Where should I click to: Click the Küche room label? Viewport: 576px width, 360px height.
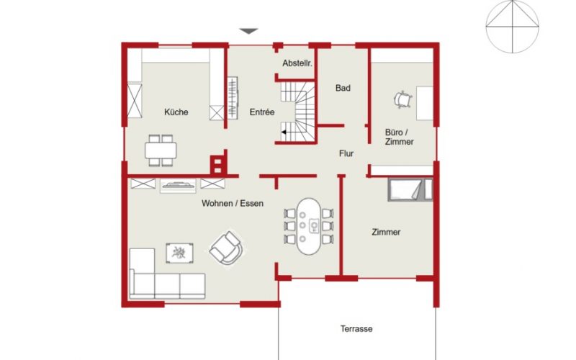(x=176, y=112)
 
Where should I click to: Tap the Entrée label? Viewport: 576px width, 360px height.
(x=262, y=112)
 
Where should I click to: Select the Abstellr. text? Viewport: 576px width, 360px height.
(x=297, y=63)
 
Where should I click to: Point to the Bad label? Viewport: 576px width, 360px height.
(x=343, y=88)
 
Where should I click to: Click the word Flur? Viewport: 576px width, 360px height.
(x=346, y=153)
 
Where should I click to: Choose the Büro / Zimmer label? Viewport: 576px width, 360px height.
(x=399, y=137)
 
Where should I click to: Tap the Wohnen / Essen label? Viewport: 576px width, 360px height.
(x=233, y=203)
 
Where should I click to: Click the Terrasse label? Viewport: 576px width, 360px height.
(x=356, y=329)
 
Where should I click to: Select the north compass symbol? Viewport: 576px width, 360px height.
(x=512, y=27)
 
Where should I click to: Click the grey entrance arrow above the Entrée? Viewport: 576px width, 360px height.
(x=248, y=31)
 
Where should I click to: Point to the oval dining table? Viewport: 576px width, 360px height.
(x=309, y=226)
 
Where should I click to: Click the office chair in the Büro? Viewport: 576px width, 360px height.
(x=402, y=99)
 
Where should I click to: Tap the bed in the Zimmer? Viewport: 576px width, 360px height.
(x=410, y=189)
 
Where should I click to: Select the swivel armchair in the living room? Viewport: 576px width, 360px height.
(x=226, y=248)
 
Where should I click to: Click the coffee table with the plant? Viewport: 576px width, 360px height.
(x=179, y=253)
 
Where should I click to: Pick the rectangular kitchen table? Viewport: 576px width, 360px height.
(x=161, y=150)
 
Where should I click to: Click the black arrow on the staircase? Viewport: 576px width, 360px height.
(x=289, y=132)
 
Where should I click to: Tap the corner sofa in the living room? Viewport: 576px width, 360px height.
(x=167, y=274)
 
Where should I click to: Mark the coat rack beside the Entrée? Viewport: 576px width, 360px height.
(x=233, y=97)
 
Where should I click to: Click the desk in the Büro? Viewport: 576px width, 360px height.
(x=425, y=103)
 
